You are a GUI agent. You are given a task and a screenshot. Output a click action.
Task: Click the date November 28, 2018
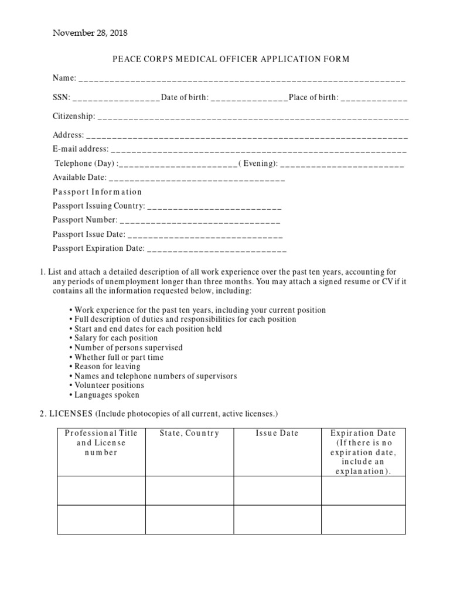click(x=90, y=33)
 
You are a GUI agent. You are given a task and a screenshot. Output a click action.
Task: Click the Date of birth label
click(x=185, y=97)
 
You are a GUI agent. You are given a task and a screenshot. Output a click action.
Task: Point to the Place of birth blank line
click(x=374, y=98)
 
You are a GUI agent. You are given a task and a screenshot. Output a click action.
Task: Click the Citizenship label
click(x=73, y=117)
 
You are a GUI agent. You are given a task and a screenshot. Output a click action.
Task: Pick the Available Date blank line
click(x=197, y=179)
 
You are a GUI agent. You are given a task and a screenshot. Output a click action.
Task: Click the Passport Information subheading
click(x=97, y=192)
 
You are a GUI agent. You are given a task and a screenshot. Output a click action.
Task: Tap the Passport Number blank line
click(x=200, y=221)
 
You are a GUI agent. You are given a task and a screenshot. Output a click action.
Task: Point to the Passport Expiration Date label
click(x=98, y=248)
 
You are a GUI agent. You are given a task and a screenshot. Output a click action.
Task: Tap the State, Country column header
click(x=189, y=434)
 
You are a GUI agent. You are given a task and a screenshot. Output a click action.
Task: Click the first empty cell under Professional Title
click(x=101, y=490)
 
